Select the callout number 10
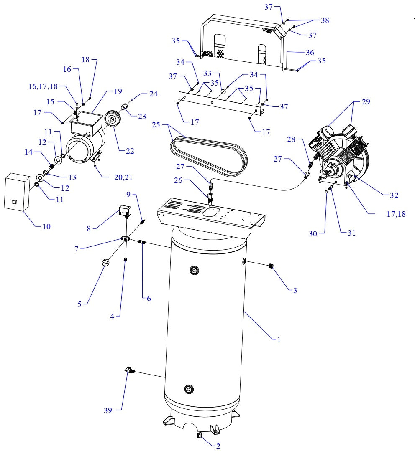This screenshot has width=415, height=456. [46, 226]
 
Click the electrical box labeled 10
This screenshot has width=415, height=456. [17, 193]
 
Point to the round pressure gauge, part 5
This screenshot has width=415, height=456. [105, 263]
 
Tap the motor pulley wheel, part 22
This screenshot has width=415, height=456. [112, 119]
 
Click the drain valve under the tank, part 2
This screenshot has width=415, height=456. [198, 436]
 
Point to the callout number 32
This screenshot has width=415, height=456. [394, 195]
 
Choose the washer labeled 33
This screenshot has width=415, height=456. [223, 91]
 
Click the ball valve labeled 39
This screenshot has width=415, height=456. [130, 370]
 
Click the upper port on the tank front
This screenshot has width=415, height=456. [193, 271]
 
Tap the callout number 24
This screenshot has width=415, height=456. [153, 94]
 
